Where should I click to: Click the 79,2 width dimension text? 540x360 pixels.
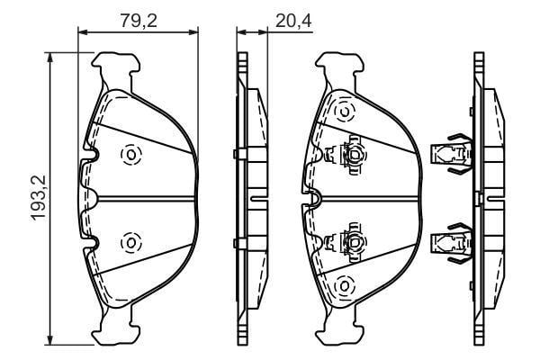coord(139,21)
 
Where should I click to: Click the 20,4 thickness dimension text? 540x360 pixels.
coord(293,21)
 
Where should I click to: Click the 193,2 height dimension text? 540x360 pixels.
coord(38,198)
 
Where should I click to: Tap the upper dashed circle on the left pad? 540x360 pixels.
coord(131,154)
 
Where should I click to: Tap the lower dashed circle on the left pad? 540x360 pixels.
coord(131,242)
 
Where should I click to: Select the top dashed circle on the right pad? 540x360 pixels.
coord(345,111)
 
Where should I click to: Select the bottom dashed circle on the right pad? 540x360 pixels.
coord(345,285)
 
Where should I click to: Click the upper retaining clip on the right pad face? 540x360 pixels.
coord(346,155)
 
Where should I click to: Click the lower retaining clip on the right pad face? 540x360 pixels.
coord(346,243)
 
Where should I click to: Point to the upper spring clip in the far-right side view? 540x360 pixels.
coord(452,154)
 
